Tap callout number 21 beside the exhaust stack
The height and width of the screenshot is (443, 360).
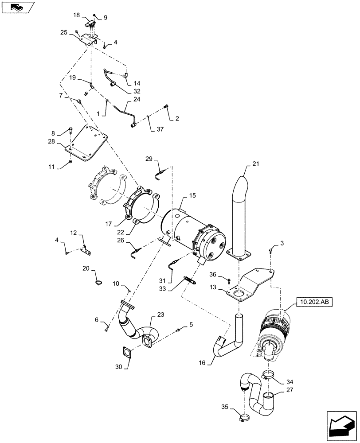pos(255,164)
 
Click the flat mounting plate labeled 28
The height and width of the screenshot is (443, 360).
pos(87,143)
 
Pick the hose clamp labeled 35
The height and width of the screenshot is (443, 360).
pos(246,417)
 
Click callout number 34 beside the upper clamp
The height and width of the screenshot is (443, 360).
pos(289,381)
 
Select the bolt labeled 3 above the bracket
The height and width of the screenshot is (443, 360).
pos(270,251)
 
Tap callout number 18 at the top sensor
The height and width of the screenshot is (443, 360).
pos(76,15)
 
